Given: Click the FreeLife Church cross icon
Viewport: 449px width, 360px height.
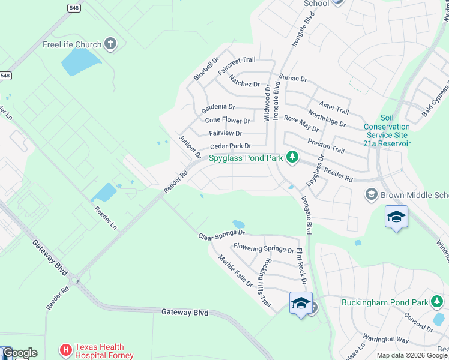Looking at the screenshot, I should (x=109, y=43).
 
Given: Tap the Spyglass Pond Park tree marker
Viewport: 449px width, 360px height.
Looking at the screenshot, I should (x=292, y=157).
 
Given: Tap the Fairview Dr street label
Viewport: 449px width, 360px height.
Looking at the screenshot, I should (x=226, y=133).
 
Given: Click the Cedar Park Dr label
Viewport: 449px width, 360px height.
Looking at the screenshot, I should (x=230, y=146).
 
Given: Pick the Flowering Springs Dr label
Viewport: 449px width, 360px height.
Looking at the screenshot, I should (x=264, y=248).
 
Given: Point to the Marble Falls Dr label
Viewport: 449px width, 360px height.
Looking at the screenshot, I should (x=235, y=271).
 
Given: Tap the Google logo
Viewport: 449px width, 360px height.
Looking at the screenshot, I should (x=20, y=353).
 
